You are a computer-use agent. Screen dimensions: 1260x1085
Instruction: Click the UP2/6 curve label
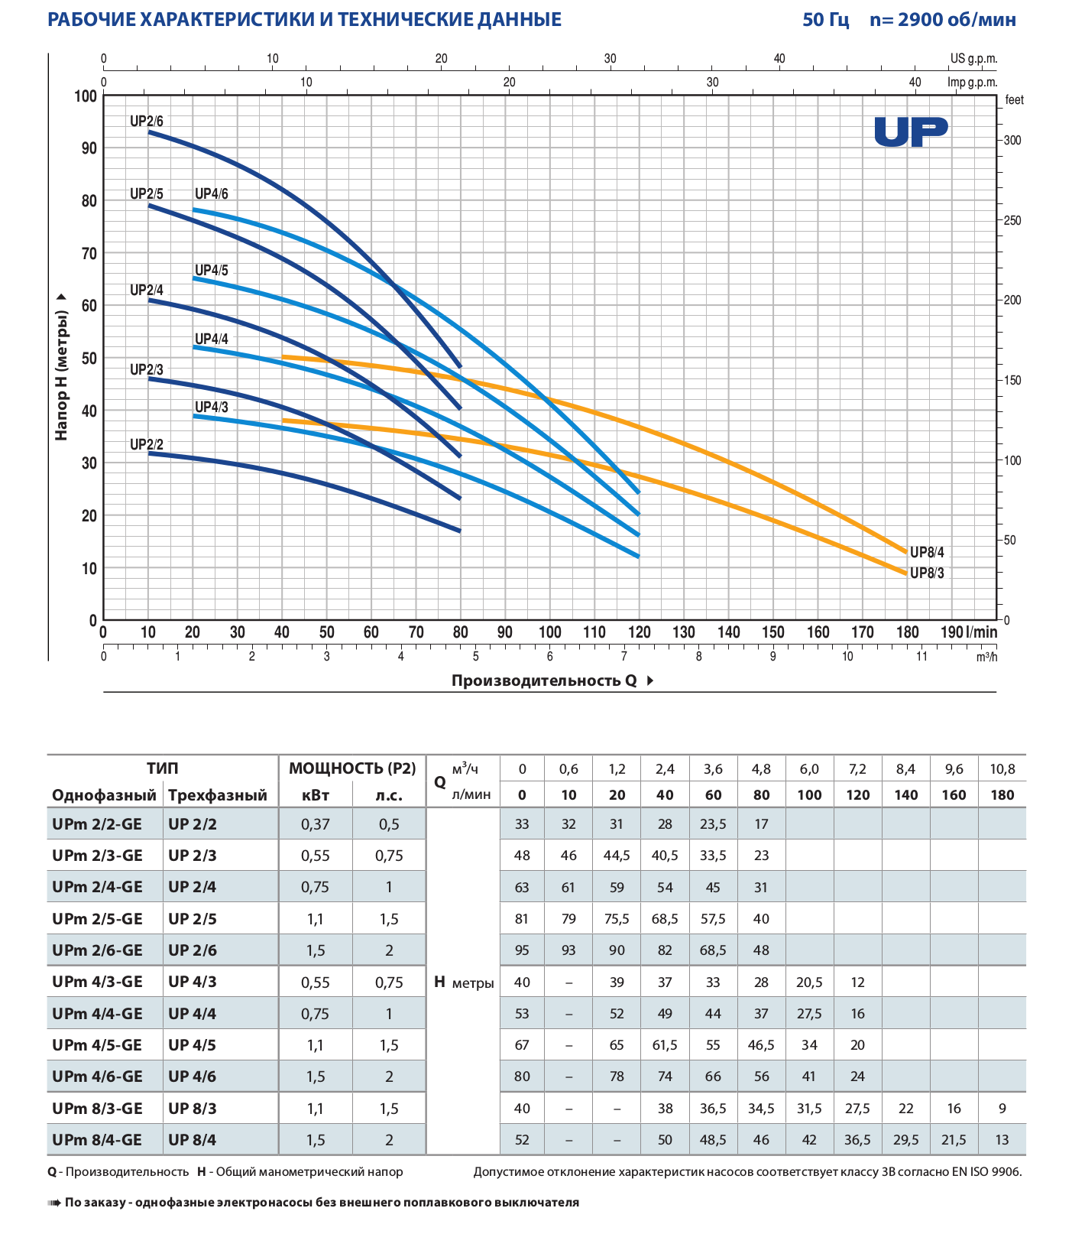point(146,122)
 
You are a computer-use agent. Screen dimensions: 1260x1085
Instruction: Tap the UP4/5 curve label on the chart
point(211,271)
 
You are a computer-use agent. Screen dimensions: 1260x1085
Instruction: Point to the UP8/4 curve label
point(927,553)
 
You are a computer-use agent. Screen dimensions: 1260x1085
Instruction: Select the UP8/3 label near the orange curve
point(927,573)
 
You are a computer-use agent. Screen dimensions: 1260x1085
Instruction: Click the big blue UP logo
point(911,132)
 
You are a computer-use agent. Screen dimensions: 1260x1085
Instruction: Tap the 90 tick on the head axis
point(89,148)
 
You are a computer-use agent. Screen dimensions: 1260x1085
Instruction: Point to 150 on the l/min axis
point(772,632)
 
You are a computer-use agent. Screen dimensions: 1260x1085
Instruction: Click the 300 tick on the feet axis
point(1012,141)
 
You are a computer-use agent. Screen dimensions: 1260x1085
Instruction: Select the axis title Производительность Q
point(544,680)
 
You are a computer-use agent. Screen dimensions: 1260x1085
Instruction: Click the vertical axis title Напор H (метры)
point(62,367)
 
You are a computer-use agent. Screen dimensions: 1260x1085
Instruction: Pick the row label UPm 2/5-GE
point(97,919)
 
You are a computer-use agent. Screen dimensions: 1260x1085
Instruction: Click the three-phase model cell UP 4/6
point(192,1077)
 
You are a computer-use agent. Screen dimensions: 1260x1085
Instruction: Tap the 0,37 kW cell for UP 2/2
point(315,824)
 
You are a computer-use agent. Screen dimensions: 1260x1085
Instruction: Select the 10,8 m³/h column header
point(1002,769)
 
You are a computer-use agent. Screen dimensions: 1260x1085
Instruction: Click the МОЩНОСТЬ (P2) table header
point(352,768)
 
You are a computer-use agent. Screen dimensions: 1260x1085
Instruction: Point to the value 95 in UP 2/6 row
point(522,950)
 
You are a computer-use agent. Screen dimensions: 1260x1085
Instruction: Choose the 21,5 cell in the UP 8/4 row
point(954,1140)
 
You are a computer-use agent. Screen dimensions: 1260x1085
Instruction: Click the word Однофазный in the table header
point(104,795)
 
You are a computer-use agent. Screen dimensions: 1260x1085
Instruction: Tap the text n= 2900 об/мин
point(942,20)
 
